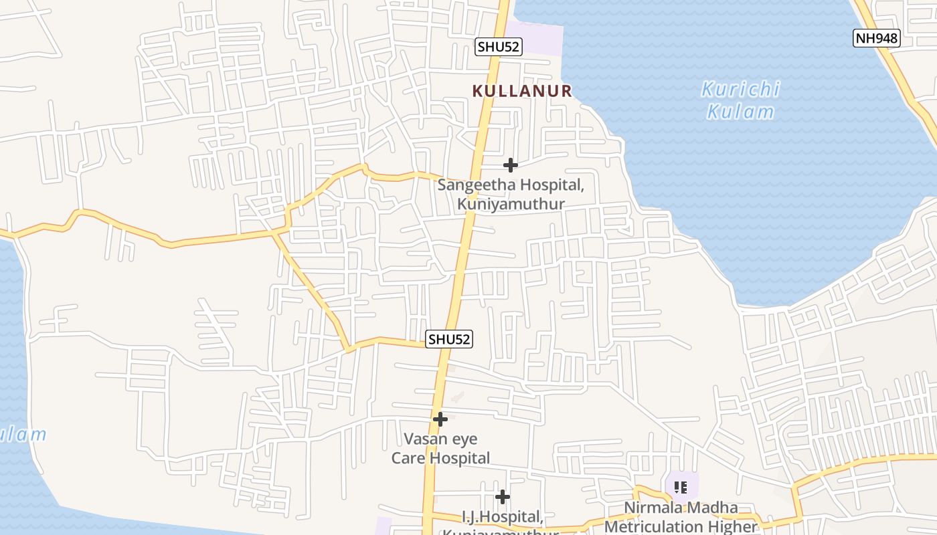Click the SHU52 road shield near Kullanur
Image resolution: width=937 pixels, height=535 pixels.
(499, 46)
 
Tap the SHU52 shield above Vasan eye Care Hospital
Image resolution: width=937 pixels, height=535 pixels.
(449, 339)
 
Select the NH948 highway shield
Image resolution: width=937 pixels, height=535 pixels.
(877, 38)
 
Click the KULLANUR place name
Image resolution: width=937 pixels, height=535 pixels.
(522, 91)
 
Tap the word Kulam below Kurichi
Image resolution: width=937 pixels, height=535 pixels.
(740, 111)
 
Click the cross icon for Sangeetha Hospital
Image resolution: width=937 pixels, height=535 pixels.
(511, 165)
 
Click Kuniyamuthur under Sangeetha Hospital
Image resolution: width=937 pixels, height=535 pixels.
(511, 204)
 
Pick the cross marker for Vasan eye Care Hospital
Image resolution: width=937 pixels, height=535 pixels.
(440, 419)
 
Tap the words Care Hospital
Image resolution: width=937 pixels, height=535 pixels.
(440, 458)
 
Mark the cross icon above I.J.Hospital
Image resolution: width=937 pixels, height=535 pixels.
(503, 496)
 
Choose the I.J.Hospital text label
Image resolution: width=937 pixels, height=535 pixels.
(501, 517)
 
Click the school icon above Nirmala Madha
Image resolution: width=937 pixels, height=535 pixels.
(681, 488)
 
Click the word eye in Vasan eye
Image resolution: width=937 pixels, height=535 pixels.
(465, 439)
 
